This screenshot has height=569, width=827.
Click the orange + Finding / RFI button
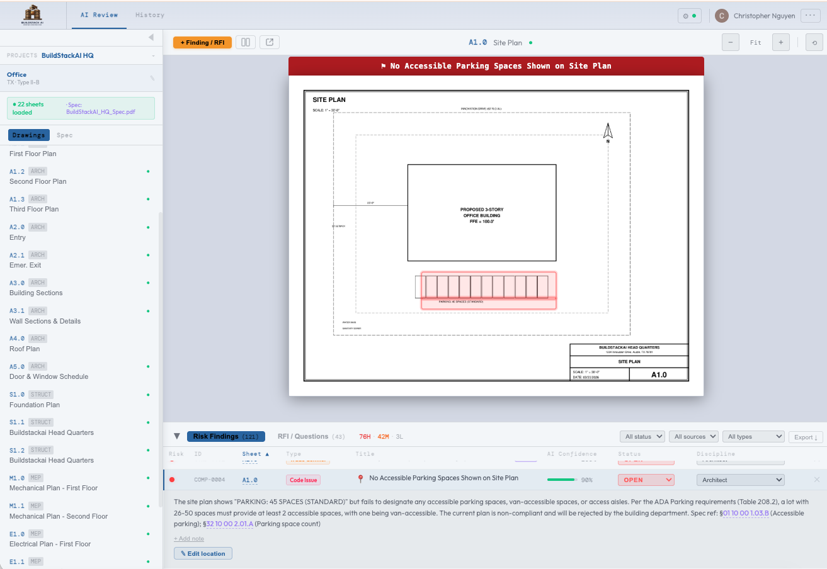pyautogui.click(x=202, y=42)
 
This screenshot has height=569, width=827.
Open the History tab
pyautogui.click(x=150, y=14)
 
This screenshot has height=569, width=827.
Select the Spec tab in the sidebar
pyautogui.click(x=64, y=135)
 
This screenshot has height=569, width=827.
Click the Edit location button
pyautogui.click(x=203, y=553)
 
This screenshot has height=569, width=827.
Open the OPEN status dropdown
pyautogui.click(x=646, y=480)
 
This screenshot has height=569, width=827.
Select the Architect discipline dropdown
pyautogui.click(x=740, y=480)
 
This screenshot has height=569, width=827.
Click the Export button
pyautogui.click(x=805, y=437)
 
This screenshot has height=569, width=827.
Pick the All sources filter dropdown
pyautogui.click(x=695, y=437)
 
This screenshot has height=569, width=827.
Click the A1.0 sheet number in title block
pyautogui.click(x=658, y=375)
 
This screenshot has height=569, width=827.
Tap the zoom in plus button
pyautogui.click(x=780, y=42)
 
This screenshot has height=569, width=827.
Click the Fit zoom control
pyautogui.click(x=755, y=42)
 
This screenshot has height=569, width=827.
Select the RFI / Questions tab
pyautogui.click(x=303, y=436)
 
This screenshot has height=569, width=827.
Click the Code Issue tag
pyautogui.click(x=304, y=480)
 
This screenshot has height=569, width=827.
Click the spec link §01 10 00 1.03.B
pyautogui.click(x=745, y=513)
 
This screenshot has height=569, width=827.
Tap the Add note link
pyautogui.click(x=189, y=539)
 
